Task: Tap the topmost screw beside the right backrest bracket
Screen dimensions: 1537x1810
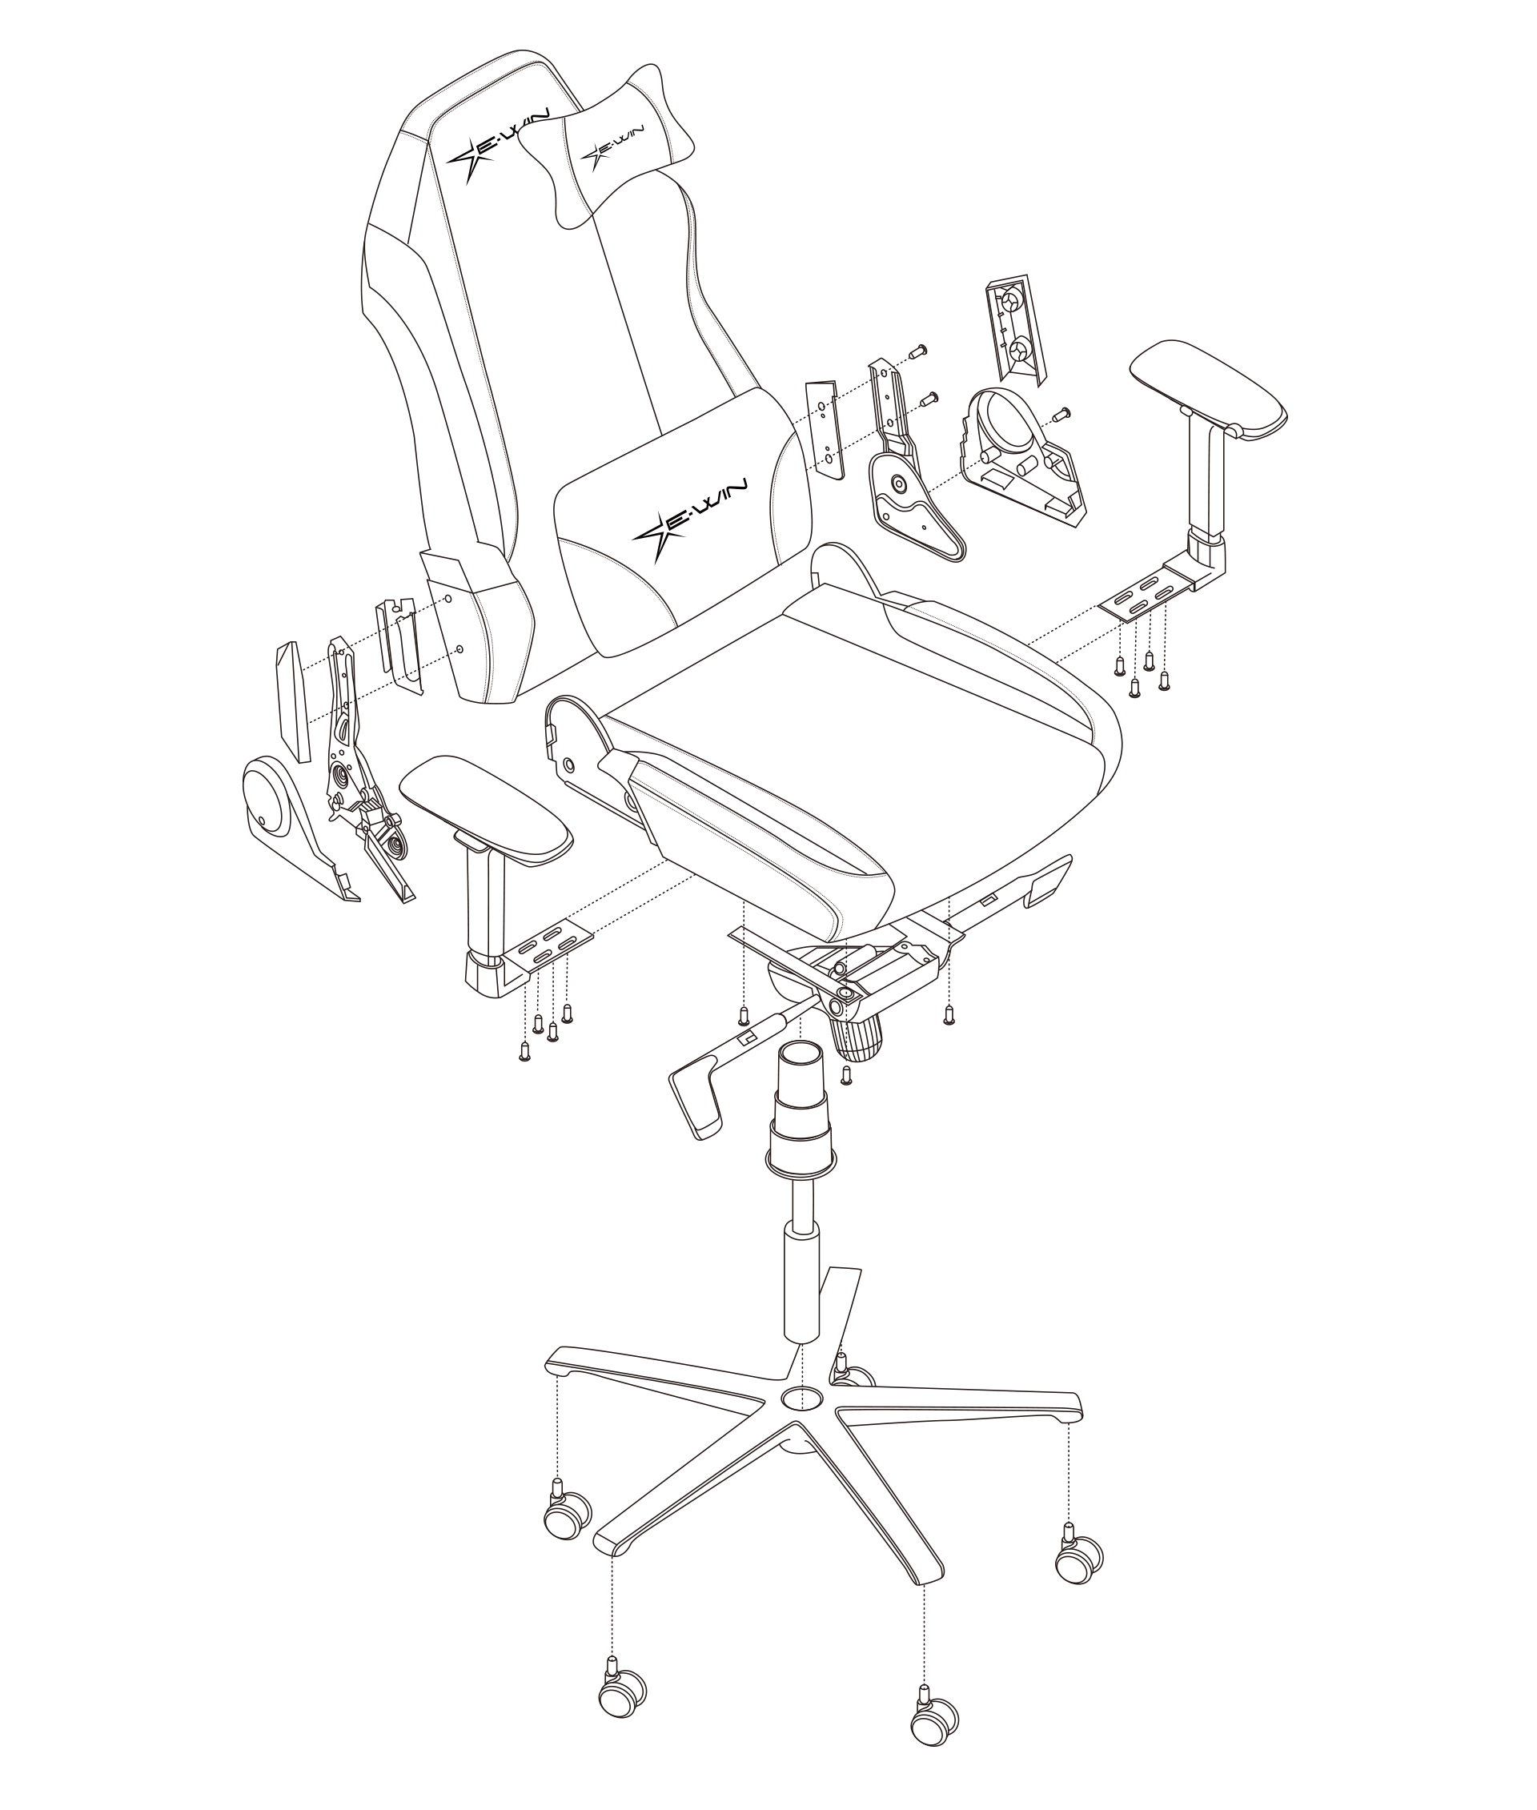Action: pos(917,351)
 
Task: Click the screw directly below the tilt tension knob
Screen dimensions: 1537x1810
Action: pos(845,1075)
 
